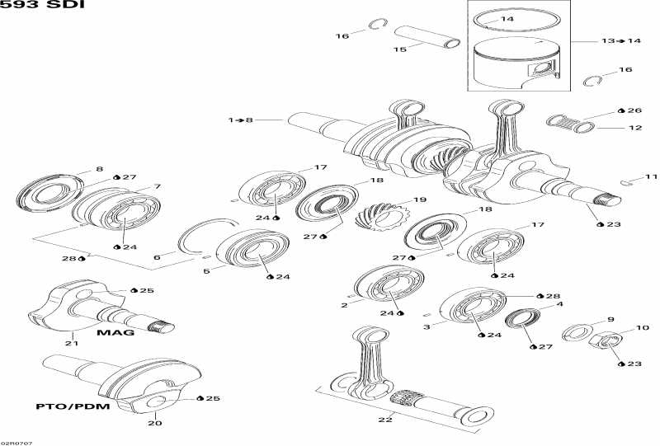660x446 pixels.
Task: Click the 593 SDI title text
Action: pos(42,5)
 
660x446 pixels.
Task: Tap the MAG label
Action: pos(115,332)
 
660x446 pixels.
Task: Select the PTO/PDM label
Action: pos(73,406)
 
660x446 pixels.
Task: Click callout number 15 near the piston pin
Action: pos(400,49)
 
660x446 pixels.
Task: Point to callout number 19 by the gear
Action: pos(420,200)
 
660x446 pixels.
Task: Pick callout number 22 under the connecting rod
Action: pos(385,419)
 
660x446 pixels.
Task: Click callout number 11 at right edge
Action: pos(651,176)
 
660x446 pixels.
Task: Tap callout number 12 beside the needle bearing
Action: pos(635,128)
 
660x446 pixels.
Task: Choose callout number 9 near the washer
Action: pos(610,319)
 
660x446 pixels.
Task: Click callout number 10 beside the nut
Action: pos(643,327)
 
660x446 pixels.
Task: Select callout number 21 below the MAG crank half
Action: pos(72,343)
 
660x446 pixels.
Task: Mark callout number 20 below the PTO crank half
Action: pos(155,423)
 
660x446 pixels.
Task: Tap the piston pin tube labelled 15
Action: pos(427,37)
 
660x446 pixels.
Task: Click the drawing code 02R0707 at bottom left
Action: pos(16,443)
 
